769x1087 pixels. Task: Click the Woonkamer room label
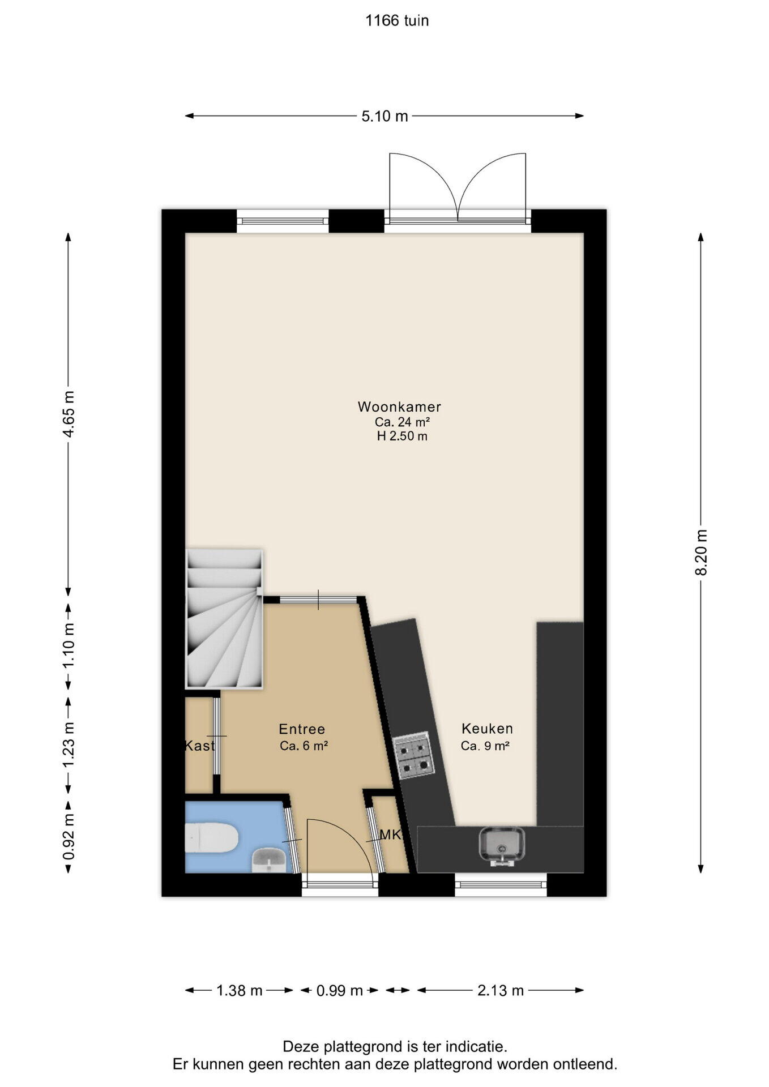tap(399, 406)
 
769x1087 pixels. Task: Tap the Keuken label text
tap(487, 729)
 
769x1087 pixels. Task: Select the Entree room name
tap(302, 729)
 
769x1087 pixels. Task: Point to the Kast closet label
tap(200, 746)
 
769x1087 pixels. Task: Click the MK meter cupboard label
tap(391, 834)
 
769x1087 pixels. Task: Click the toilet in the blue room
tap(211, 837)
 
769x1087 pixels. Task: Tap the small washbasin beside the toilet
tap(269, 860)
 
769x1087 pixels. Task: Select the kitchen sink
tap(502, 847)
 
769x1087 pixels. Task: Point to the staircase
tap(224, 618)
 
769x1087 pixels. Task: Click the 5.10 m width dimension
tap(384, 116)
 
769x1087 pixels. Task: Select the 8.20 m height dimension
tap(701, 553)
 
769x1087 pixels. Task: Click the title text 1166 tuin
tap(397, 21)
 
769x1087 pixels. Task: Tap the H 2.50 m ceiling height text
tap(402, 436)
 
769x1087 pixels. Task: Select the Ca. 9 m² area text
tap(485, 746)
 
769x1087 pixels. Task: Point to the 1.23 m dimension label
tap(69, 744)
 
